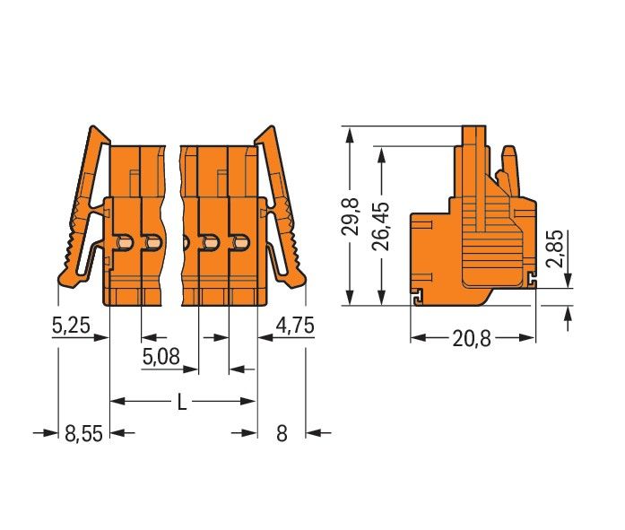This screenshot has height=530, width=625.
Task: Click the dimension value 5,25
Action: (71, 326)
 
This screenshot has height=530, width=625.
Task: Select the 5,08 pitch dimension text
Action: (161, 357)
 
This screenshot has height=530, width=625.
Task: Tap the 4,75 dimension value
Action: (295, 326)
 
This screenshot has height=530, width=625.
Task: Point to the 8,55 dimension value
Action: (83, 433)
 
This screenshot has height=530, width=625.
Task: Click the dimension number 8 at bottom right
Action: (282, 433)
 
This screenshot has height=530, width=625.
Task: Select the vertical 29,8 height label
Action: (351, 215)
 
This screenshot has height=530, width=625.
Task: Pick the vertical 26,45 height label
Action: (381, 226)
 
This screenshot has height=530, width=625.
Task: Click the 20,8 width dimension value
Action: (472, 339)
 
